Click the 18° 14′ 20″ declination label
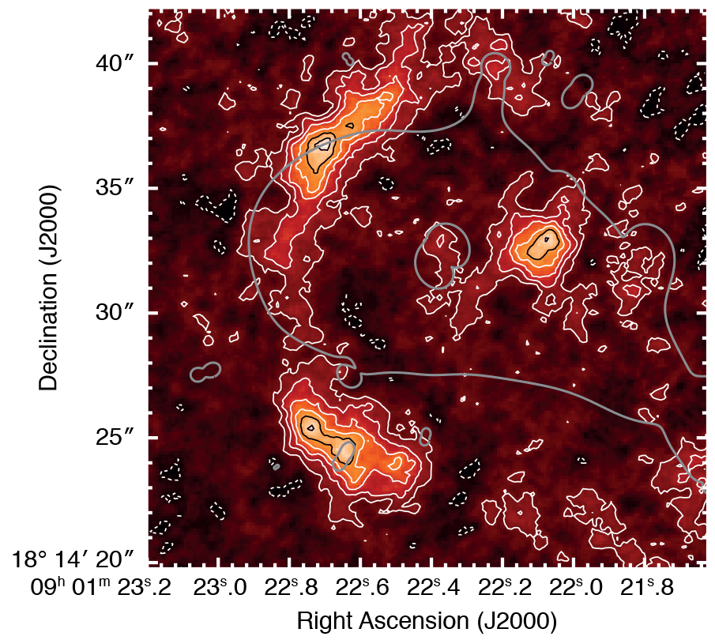tap(74, 562)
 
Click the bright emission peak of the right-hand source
tap(544, 241)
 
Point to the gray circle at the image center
tap(442, 254)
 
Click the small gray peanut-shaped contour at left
tap(205, 372)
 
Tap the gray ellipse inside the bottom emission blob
tap(344, 455)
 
